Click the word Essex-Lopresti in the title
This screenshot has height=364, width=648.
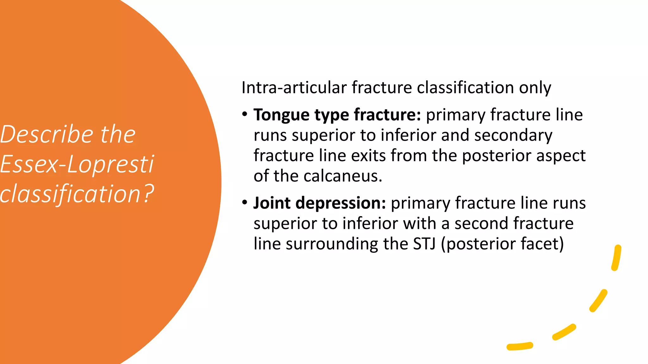click(x=77, y=164)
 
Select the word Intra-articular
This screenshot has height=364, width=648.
click(x=294, y=88)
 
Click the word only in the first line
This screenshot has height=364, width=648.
click(x=535, y=88)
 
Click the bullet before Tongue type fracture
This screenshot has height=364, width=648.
click(x=244, y=114)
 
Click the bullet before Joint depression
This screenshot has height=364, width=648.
click(x=244, y=202)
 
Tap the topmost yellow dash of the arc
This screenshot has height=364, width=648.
click(x=616, y=258)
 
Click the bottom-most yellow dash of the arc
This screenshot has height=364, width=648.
click(x=520, y=346)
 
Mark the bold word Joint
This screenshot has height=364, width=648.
click(x=272, y=203)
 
